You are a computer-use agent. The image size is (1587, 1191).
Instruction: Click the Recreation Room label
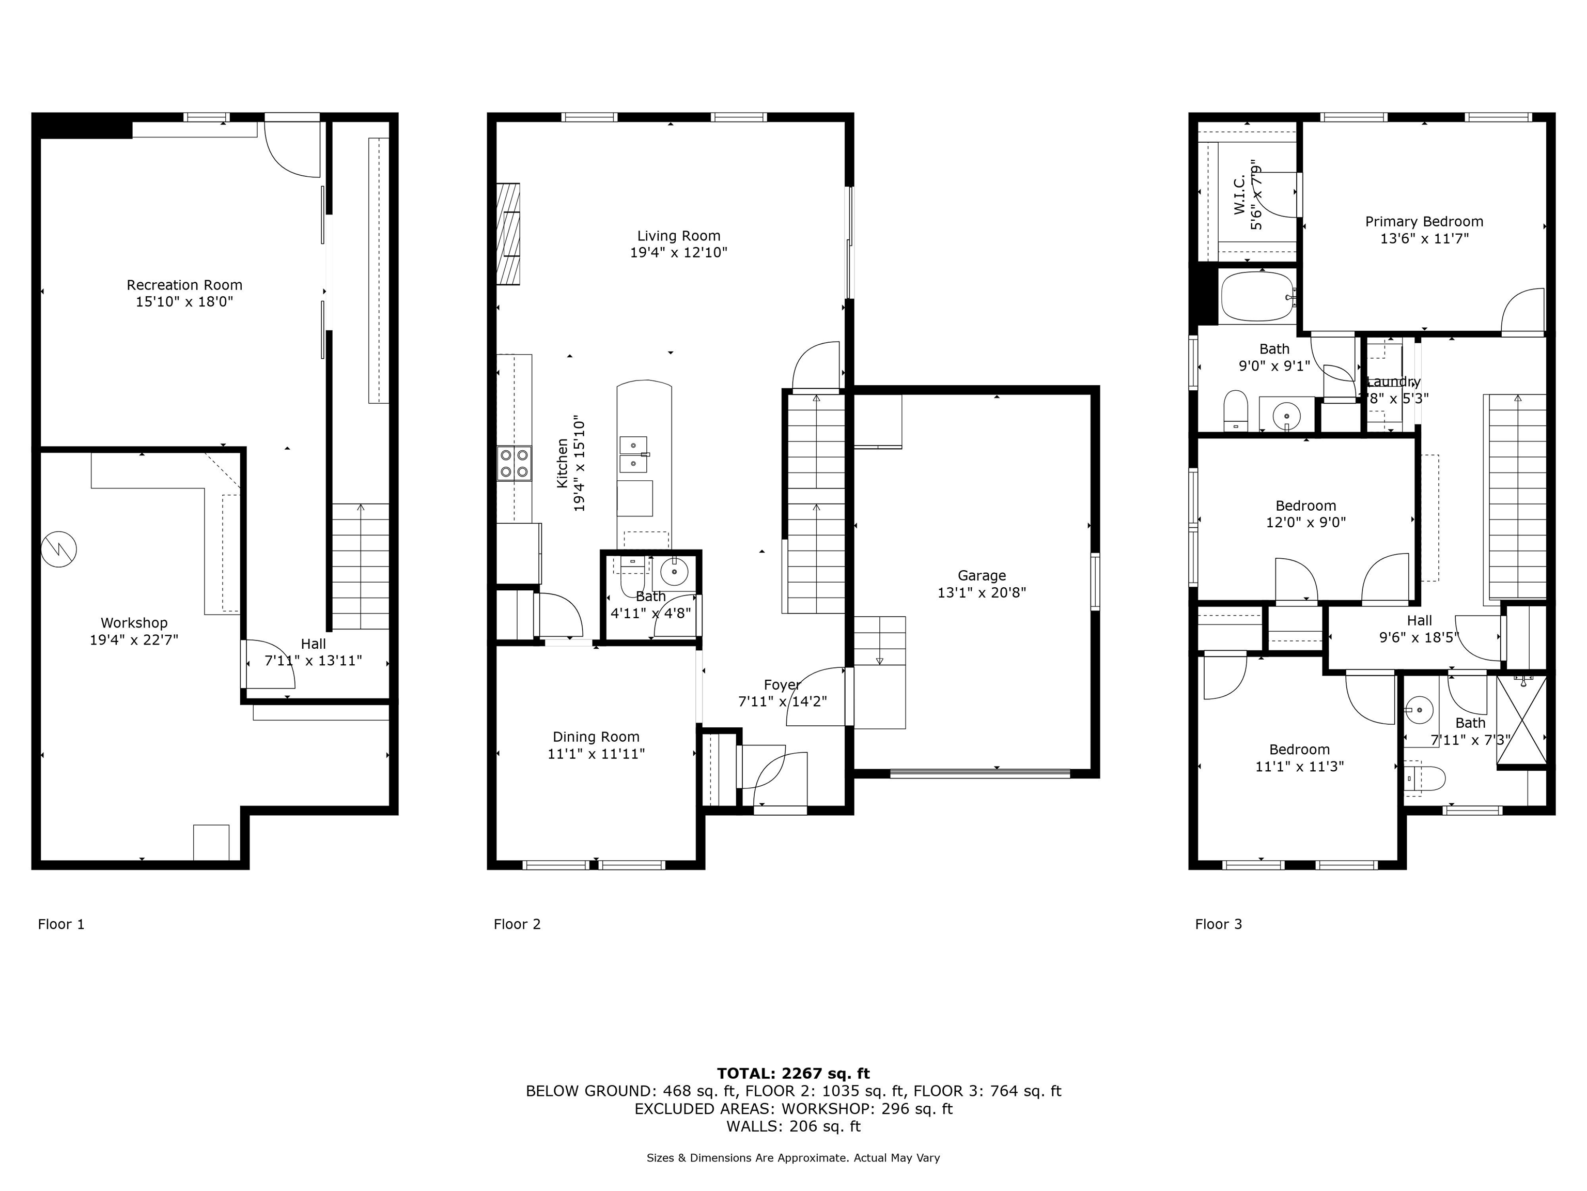[184, 285]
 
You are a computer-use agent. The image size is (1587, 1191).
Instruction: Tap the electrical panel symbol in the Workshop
[59, 549]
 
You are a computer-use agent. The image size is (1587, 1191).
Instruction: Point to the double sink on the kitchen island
[633, 454]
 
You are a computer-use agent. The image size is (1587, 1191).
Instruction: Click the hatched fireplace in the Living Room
[508, 235]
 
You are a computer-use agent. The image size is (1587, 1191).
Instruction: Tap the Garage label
[982, 576]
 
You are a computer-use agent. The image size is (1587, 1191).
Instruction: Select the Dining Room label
[596, 737]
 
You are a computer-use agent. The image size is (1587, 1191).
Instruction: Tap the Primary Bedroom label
[1423, 222]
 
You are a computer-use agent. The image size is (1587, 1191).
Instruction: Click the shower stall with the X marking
[1521, 722]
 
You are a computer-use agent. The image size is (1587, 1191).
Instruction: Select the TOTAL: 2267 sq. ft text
[793, 1073]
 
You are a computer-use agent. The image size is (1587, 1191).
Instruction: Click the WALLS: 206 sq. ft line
[793, 1126]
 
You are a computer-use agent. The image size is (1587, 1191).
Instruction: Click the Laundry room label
[1393, 382]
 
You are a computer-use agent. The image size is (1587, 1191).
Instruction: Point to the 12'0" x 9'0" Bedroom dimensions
[1305, 523]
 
